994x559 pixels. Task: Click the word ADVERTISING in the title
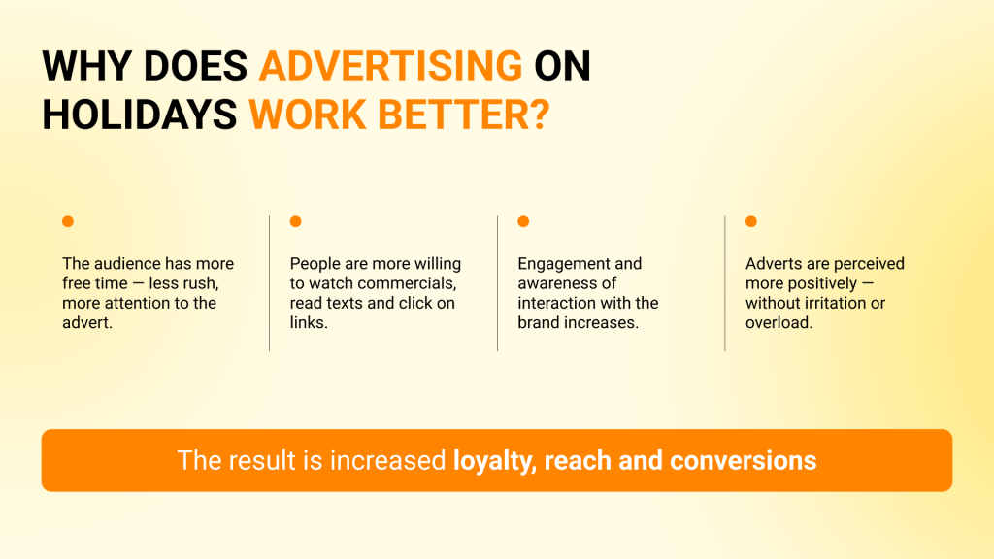coord(390,66)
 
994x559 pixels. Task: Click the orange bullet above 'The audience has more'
coord(68,221)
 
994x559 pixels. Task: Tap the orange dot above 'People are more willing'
coord(295,221)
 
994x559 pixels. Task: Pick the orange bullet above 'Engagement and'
coord(523,221)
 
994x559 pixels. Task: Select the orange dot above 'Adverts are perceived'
coord(751,221)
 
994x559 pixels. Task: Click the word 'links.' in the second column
coord(309,322)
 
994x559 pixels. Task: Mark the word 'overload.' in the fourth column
coord(779,322)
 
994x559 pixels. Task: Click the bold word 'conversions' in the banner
coord(743,461)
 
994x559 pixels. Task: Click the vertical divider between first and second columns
coord(270,283)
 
